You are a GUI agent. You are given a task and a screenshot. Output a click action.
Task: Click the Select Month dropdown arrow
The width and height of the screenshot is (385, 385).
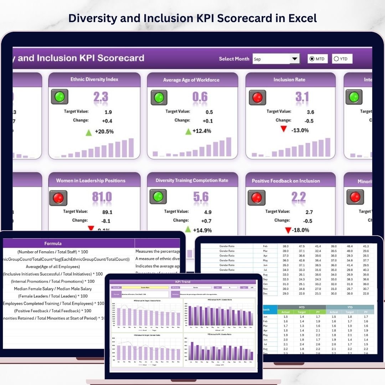click(295, 59)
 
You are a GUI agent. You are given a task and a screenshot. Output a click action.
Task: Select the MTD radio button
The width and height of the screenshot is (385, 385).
click(312, 59)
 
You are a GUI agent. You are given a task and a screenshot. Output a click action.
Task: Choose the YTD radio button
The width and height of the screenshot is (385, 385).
click(337, 59)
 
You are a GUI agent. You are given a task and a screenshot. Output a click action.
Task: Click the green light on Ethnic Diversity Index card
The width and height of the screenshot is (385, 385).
click(60, 97)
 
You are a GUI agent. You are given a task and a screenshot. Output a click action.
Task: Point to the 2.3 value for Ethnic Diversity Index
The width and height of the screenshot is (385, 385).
click(101, 97)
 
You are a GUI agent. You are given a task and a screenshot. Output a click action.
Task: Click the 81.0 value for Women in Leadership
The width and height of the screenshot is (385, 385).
click(102, 197)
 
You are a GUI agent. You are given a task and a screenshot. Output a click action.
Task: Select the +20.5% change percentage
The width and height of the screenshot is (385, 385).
click(104, 132)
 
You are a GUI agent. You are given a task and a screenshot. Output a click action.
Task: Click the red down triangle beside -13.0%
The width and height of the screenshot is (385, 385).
click(284, 129)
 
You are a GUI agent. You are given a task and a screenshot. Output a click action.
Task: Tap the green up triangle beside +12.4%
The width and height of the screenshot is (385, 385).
click(188, 132)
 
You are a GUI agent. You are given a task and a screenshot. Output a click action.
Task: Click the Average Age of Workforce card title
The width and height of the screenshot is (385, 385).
click(191, 80)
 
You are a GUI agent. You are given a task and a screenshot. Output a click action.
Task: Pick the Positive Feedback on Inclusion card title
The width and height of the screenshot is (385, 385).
click(286, 181)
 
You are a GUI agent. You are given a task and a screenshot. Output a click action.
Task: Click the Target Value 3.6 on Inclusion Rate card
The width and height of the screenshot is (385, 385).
click(310, 112)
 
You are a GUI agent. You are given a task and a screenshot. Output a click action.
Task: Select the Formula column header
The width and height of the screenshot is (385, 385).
click(53, 243)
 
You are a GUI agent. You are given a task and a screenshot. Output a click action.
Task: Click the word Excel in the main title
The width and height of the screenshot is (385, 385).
click(299, 18)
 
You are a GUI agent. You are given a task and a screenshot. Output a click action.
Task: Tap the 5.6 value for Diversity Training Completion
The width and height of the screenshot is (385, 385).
click(201, 197)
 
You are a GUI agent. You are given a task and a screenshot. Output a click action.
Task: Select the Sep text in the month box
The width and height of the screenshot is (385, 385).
click(257, 59)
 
